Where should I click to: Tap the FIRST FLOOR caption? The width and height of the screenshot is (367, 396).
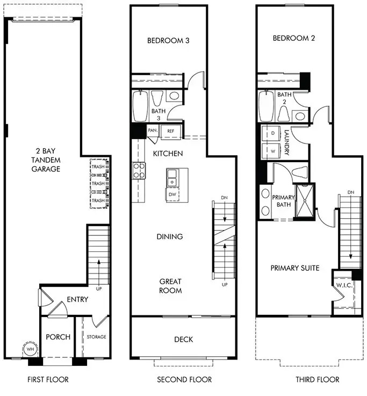click(48, 380)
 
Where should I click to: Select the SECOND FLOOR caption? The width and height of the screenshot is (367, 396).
click(184, 380)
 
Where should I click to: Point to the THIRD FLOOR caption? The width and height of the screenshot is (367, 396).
click(318, 380)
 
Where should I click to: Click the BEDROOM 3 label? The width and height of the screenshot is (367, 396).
click(168, 40)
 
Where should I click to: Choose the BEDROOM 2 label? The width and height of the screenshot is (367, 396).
click(294, 38)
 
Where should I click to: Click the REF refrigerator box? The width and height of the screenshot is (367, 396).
click(170, 131)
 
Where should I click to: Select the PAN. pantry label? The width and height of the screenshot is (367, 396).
click(153, 131)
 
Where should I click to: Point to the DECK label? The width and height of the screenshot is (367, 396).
click(183, 340)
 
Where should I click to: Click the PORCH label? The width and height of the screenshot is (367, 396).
click(57, 337)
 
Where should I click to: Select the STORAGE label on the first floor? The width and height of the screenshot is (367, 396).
click(97, 337)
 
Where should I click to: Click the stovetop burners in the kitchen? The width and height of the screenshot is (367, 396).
click(139, 171)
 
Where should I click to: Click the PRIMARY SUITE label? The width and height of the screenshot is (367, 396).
click(295, 268)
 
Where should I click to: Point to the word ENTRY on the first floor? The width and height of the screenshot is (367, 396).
click(77, 300)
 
